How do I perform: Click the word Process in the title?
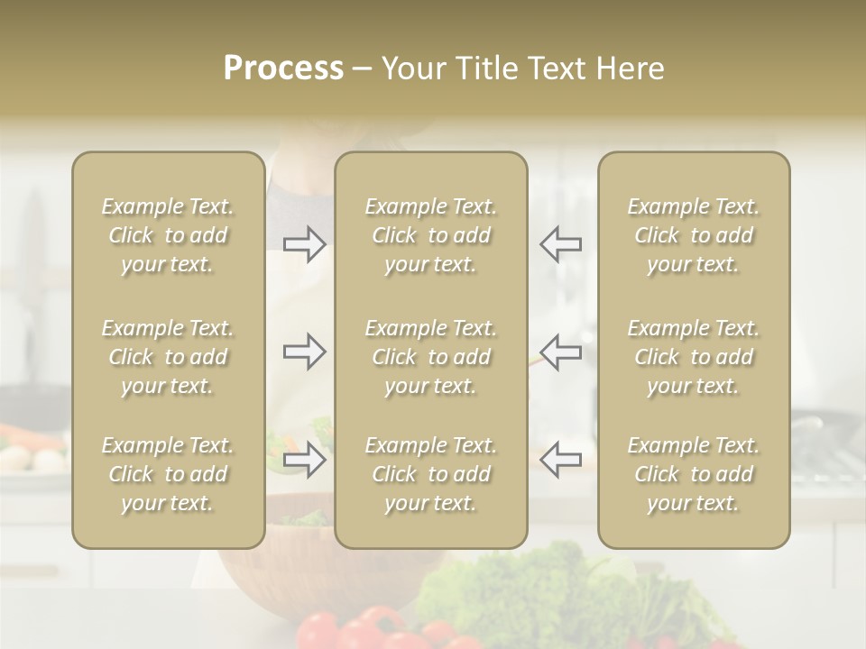pyautogui.click(x=283, y=69)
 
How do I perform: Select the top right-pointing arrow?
pyautogui.click(x=305, y=244)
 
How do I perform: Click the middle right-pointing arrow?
pyautogui.click(x=305, y=351)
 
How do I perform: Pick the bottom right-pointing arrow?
pyautogui.click(x=305, y=460)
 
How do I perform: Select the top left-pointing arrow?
pyautogui.click(x=560, y=244)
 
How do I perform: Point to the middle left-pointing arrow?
pyautogui.click(x=560, y=351)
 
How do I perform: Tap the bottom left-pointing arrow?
pyautogui.click(x=560, y=460)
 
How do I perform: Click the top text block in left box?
pyautogui.click(x=168, y=235)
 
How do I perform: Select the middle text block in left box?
pyautogui.click(x=168, y=357)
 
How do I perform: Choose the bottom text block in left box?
pyautogui.click(x=168, y=474)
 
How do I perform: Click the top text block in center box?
pyautogui.click(x=431, y=235)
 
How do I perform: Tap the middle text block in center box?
pyautogui.click(x=431, y=357)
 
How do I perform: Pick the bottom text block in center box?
pyautogui.click(x=431, y=474)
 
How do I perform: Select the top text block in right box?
pyautogui.click(x=694, y=235)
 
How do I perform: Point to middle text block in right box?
pyautogui.click(x=694, y=357)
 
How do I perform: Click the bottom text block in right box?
pyautogui.click(x=694, y=474)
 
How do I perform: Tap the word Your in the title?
pyautogui.click(x=414, y=69)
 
